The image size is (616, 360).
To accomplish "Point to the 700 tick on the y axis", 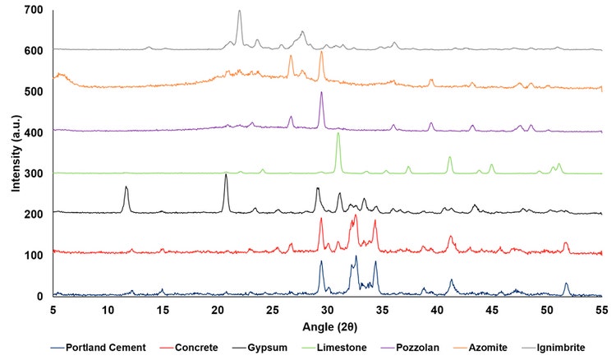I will tap(34, 11).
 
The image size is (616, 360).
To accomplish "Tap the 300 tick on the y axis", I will tap(34, 173).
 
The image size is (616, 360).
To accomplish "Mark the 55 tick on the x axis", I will tap(602, 309).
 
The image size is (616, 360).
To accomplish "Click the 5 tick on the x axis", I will tap(53, 309).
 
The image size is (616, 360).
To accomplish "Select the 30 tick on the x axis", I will tap(328, 309).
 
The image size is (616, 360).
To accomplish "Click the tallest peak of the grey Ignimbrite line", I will tap(240, 12).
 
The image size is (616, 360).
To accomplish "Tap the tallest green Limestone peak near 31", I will tap(338, 134).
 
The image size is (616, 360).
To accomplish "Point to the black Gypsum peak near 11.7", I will tap(126, 187).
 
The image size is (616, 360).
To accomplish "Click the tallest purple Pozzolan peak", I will tap(321, 93).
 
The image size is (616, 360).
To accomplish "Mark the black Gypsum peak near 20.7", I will tap(226, 174).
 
